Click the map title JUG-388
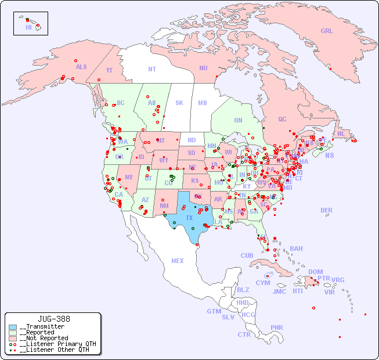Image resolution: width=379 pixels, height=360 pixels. [54, 319]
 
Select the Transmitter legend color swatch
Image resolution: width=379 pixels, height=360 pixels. [13, 327]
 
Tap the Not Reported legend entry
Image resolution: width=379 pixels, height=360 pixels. [43, 338]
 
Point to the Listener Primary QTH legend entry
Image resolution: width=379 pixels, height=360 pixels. [57, 344]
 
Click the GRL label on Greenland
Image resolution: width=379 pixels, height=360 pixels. [327, 31]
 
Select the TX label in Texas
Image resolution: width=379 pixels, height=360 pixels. [189, 218]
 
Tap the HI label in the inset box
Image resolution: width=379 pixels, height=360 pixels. [28, 27]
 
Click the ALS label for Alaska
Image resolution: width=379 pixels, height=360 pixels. [81, 67]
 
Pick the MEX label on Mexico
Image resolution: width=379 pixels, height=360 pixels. [178, 261]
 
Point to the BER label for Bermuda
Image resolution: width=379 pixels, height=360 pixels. [327, 210]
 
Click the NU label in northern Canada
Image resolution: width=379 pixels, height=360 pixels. [203, 68]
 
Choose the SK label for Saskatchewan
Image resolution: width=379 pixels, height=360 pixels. [179, 103]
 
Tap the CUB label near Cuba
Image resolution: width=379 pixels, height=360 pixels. [247, 255]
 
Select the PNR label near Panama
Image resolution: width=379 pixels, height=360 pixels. [277, 327]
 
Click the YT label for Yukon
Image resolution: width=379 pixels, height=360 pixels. [109, 70]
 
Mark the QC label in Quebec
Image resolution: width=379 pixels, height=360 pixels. [282, 119]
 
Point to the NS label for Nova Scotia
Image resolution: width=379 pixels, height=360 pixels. [329, 155]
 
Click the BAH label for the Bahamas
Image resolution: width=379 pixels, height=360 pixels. [296, 249]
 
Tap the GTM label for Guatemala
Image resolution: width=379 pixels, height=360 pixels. [214, 311]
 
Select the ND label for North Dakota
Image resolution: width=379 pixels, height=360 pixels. [192, 140]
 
